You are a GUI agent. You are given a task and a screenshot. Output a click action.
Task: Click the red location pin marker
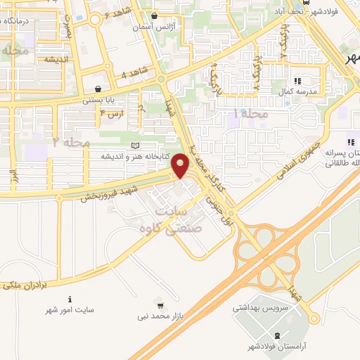[x=181, y=167]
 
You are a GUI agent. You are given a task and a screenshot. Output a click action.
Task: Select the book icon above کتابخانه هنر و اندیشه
[x=135, y=145]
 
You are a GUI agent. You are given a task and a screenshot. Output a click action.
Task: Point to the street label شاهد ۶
[x=117, y=15]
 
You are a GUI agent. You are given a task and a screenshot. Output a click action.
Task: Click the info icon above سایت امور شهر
[x=70, y=298]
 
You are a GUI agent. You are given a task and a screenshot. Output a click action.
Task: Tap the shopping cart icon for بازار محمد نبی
[x=161, y=305]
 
